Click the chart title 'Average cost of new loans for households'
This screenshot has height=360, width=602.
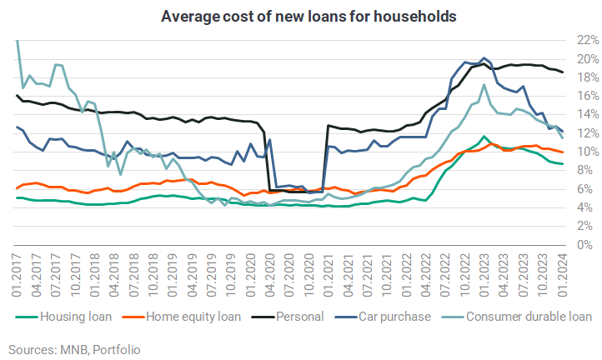coord(309,17)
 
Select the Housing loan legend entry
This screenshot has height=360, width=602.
coord(63,317)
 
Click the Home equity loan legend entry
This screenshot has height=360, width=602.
coord(182,317)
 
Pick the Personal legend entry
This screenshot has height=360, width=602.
coord(288,317)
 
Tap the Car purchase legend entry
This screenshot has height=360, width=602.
coord(383,317)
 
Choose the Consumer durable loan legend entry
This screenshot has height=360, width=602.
coord(517,317)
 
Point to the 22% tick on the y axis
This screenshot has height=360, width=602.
coord(588,40)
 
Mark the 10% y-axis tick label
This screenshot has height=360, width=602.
coord(588,152)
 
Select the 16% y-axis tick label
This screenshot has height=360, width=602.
coord(588,96)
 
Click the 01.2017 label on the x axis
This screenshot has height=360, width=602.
coord(17,275)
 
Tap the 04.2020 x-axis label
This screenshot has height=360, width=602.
coord(270,275)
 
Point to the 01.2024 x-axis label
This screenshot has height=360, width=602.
coord(563,275)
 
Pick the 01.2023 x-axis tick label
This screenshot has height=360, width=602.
coord(484,275)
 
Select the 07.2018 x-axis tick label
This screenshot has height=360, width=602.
coord(134,275)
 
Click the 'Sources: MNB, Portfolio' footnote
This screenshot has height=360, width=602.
coord(74,350)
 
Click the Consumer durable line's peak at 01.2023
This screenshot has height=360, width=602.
coord(484,85)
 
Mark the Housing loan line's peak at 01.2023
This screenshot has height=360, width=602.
coord(484,136)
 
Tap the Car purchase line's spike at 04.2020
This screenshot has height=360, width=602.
coord(270,140)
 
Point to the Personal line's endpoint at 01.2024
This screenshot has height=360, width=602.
coord(563,72)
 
